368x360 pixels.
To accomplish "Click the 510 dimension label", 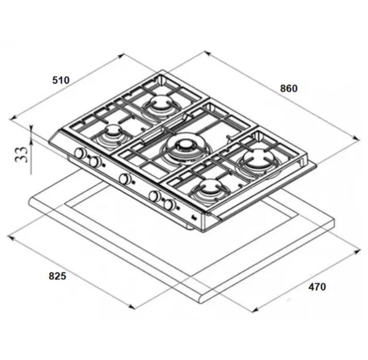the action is pyautogui.click(x=61, y=80).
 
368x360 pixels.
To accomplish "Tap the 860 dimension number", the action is pyautogui.click(x=289, y=89).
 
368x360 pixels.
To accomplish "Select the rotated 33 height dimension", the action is pyautogui.click(x=22, y=155).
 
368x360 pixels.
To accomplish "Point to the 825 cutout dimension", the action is pyautogui.click(x=58, y=276).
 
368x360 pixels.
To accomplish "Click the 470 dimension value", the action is pyautogui.click(x=317, y=286).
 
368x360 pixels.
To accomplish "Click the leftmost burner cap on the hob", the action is pyautogui.click(x=113, y=130).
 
